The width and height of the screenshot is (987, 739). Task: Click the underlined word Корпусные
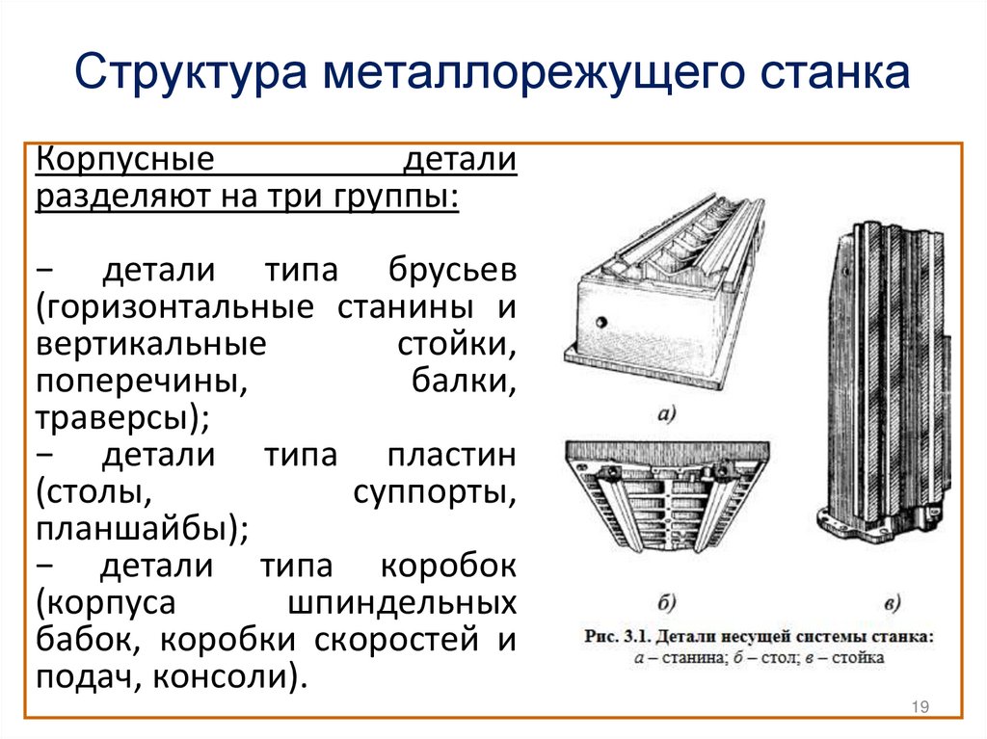coord(125,160)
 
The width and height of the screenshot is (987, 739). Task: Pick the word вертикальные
coord(151,344)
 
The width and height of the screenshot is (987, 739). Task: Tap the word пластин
coord(452,455)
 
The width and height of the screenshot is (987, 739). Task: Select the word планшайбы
coord(131,528)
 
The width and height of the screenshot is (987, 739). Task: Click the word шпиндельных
coord(402,604)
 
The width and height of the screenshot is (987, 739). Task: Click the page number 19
coord(920,706)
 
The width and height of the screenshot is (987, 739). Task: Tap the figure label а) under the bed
coord(667,415)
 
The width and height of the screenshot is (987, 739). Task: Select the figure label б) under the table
coord(667,602)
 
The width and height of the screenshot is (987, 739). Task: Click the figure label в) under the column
coord(892,604)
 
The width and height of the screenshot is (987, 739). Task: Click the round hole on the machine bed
coord(601,322)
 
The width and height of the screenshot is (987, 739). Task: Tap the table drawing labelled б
coord(667,496)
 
